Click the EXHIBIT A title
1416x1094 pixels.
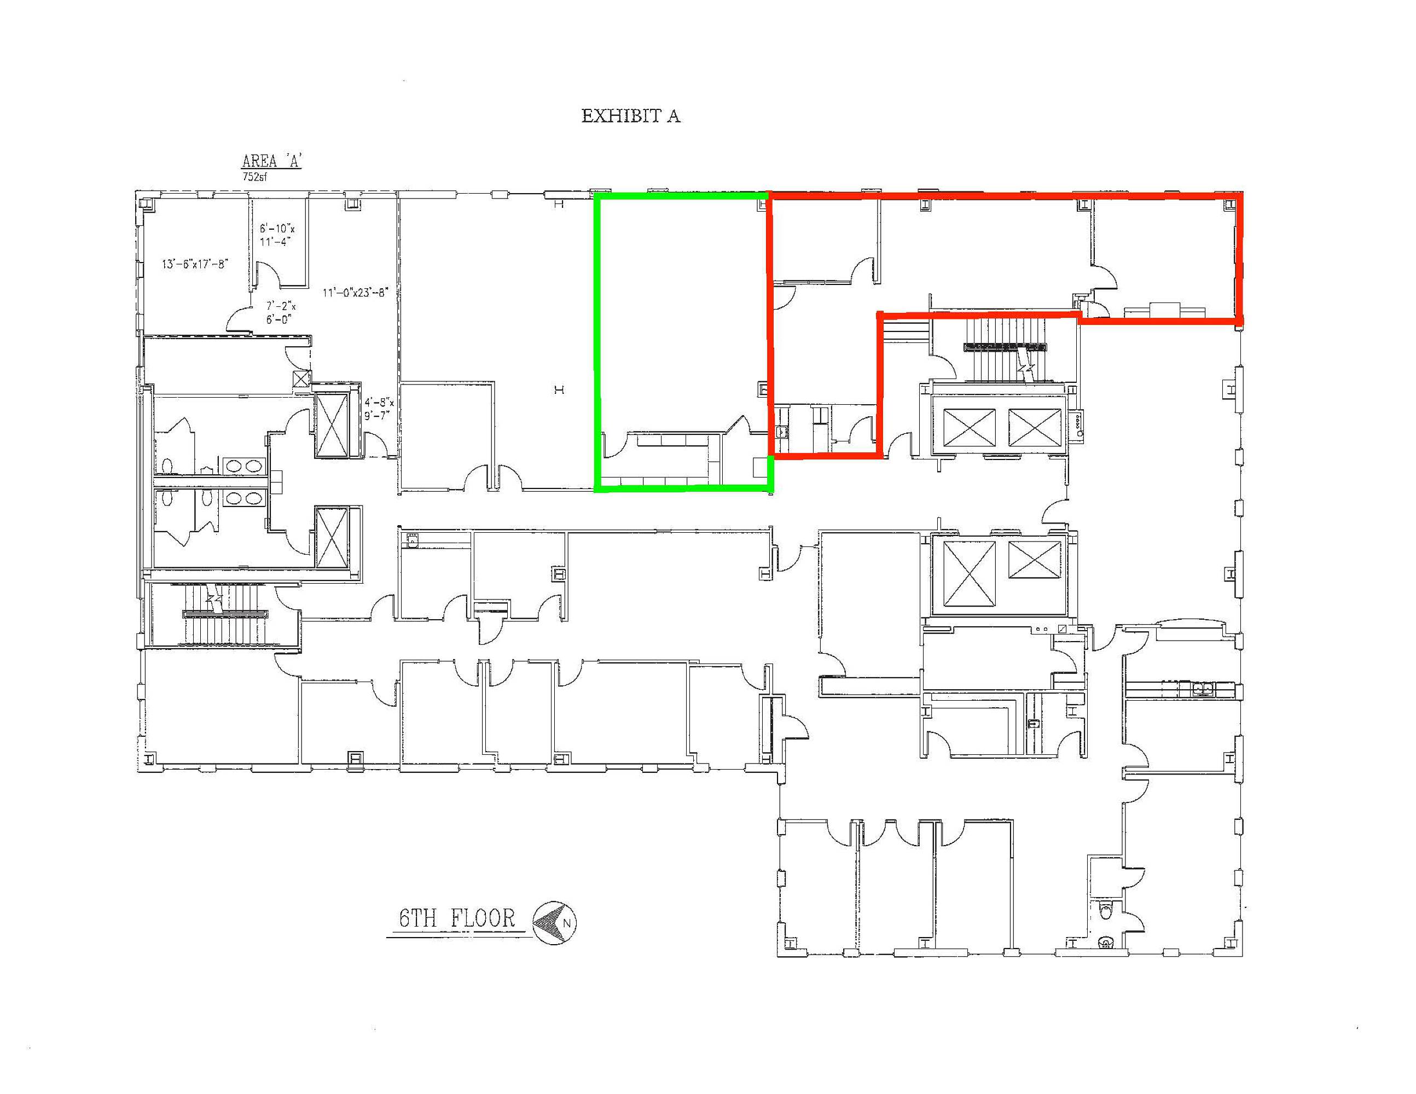[630, 116]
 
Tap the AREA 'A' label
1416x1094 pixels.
[272, 161]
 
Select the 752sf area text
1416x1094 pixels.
[255, 176]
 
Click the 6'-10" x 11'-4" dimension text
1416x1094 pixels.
[277, 235]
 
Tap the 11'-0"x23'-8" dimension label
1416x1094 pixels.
[355, 292]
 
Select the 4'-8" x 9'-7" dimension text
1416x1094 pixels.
[379, 409]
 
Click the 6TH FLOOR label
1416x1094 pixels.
[457, 918]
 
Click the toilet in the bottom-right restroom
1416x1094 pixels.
[1106, 912]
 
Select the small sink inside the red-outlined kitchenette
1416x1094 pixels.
[782, 431]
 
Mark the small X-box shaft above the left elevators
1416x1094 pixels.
[302, 379]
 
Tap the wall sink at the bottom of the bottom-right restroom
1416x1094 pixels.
[1107, 940]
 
